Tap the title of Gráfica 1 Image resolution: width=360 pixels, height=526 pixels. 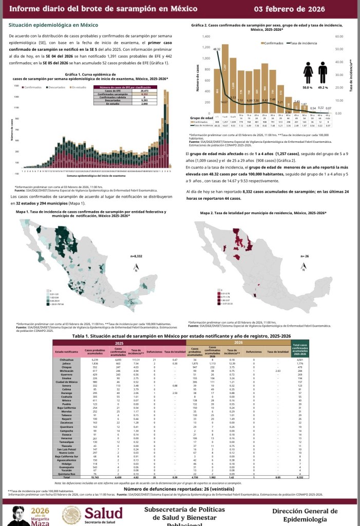90,77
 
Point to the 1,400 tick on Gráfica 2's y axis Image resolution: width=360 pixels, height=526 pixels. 206,37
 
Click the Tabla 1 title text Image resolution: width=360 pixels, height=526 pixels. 180,335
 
